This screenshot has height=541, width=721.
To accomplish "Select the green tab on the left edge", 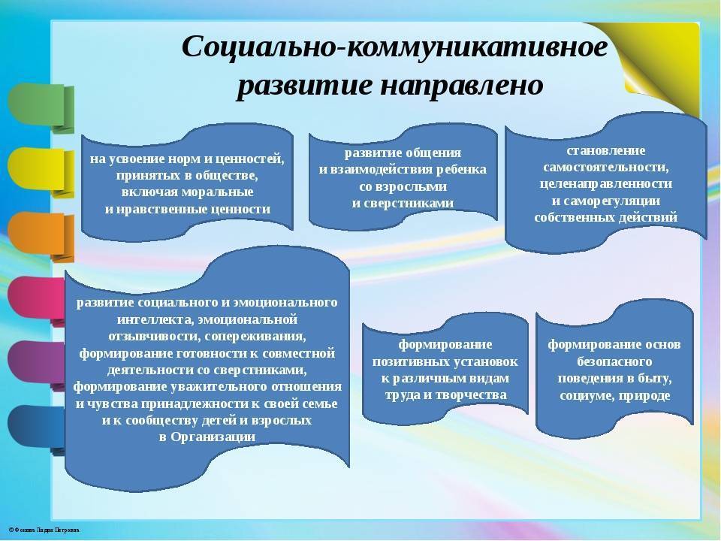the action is pyautogui.click(x=41, y=108).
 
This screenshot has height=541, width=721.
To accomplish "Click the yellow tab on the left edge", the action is pyautogui.click(x=41, y=172).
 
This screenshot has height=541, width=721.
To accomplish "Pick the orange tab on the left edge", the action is pyautogui.click(x=41, y=237).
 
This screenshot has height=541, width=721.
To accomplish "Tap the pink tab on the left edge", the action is pyautogui.click(x=36, y=301).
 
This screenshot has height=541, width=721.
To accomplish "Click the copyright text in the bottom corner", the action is pyautogui.click(x=44, y=530).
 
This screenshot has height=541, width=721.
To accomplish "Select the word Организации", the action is pyautogui.click(x=213, y=437).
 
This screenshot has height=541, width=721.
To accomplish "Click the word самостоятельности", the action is pyautogui.click(x=605, y=167).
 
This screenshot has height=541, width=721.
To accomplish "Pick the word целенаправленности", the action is pyautogui.click(x=605, y=183).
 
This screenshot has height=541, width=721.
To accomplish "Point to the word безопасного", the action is pyautogui.click(x=614, y=361).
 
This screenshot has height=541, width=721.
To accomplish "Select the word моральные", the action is pyautogui.click(x=218, y=192).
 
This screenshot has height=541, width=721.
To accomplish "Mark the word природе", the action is pyautogui.click(x=644, y=395).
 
